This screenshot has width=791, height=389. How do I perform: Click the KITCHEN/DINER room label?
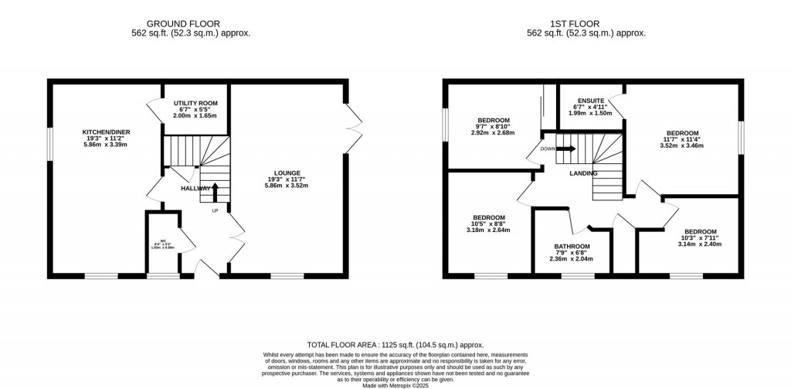point(105,132)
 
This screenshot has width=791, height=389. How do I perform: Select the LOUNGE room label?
point(287,173)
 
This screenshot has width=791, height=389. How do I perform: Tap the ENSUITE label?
point(590,101)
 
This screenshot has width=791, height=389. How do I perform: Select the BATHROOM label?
point(571,247)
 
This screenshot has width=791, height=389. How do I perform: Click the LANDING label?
point(583,173)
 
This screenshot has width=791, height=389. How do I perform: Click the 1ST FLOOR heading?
point(586,23)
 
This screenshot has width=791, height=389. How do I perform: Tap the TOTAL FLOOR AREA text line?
point(395,345)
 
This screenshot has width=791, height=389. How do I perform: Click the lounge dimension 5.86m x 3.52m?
point(287,186)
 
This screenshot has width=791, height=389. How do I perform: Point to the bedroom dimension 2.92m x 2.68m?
point(493,132)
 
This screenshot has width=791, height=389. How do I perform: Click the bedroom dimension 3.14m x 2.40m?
point(700,244)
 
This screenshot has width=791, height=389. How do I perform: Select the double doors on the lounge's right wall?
point(354,128)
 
